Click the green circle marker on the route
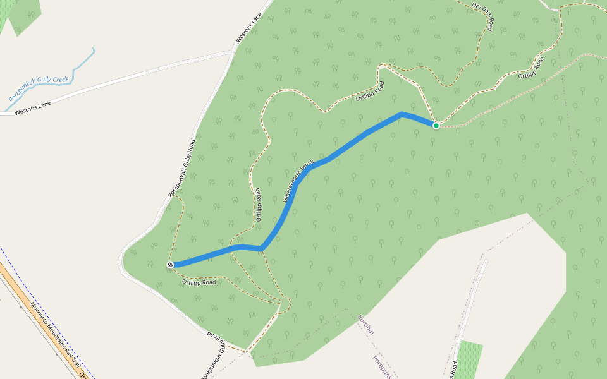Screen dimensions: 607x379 pos(436,126)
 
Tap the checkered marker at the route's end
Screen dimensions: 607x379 pos(170,265)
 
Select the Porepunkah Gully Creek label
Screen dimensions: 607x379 pos(38,89)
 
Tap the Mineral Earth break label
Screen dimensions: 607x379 pos(298,181)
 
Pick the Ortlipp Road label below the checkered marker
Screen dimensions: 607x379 pos(200,282)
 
